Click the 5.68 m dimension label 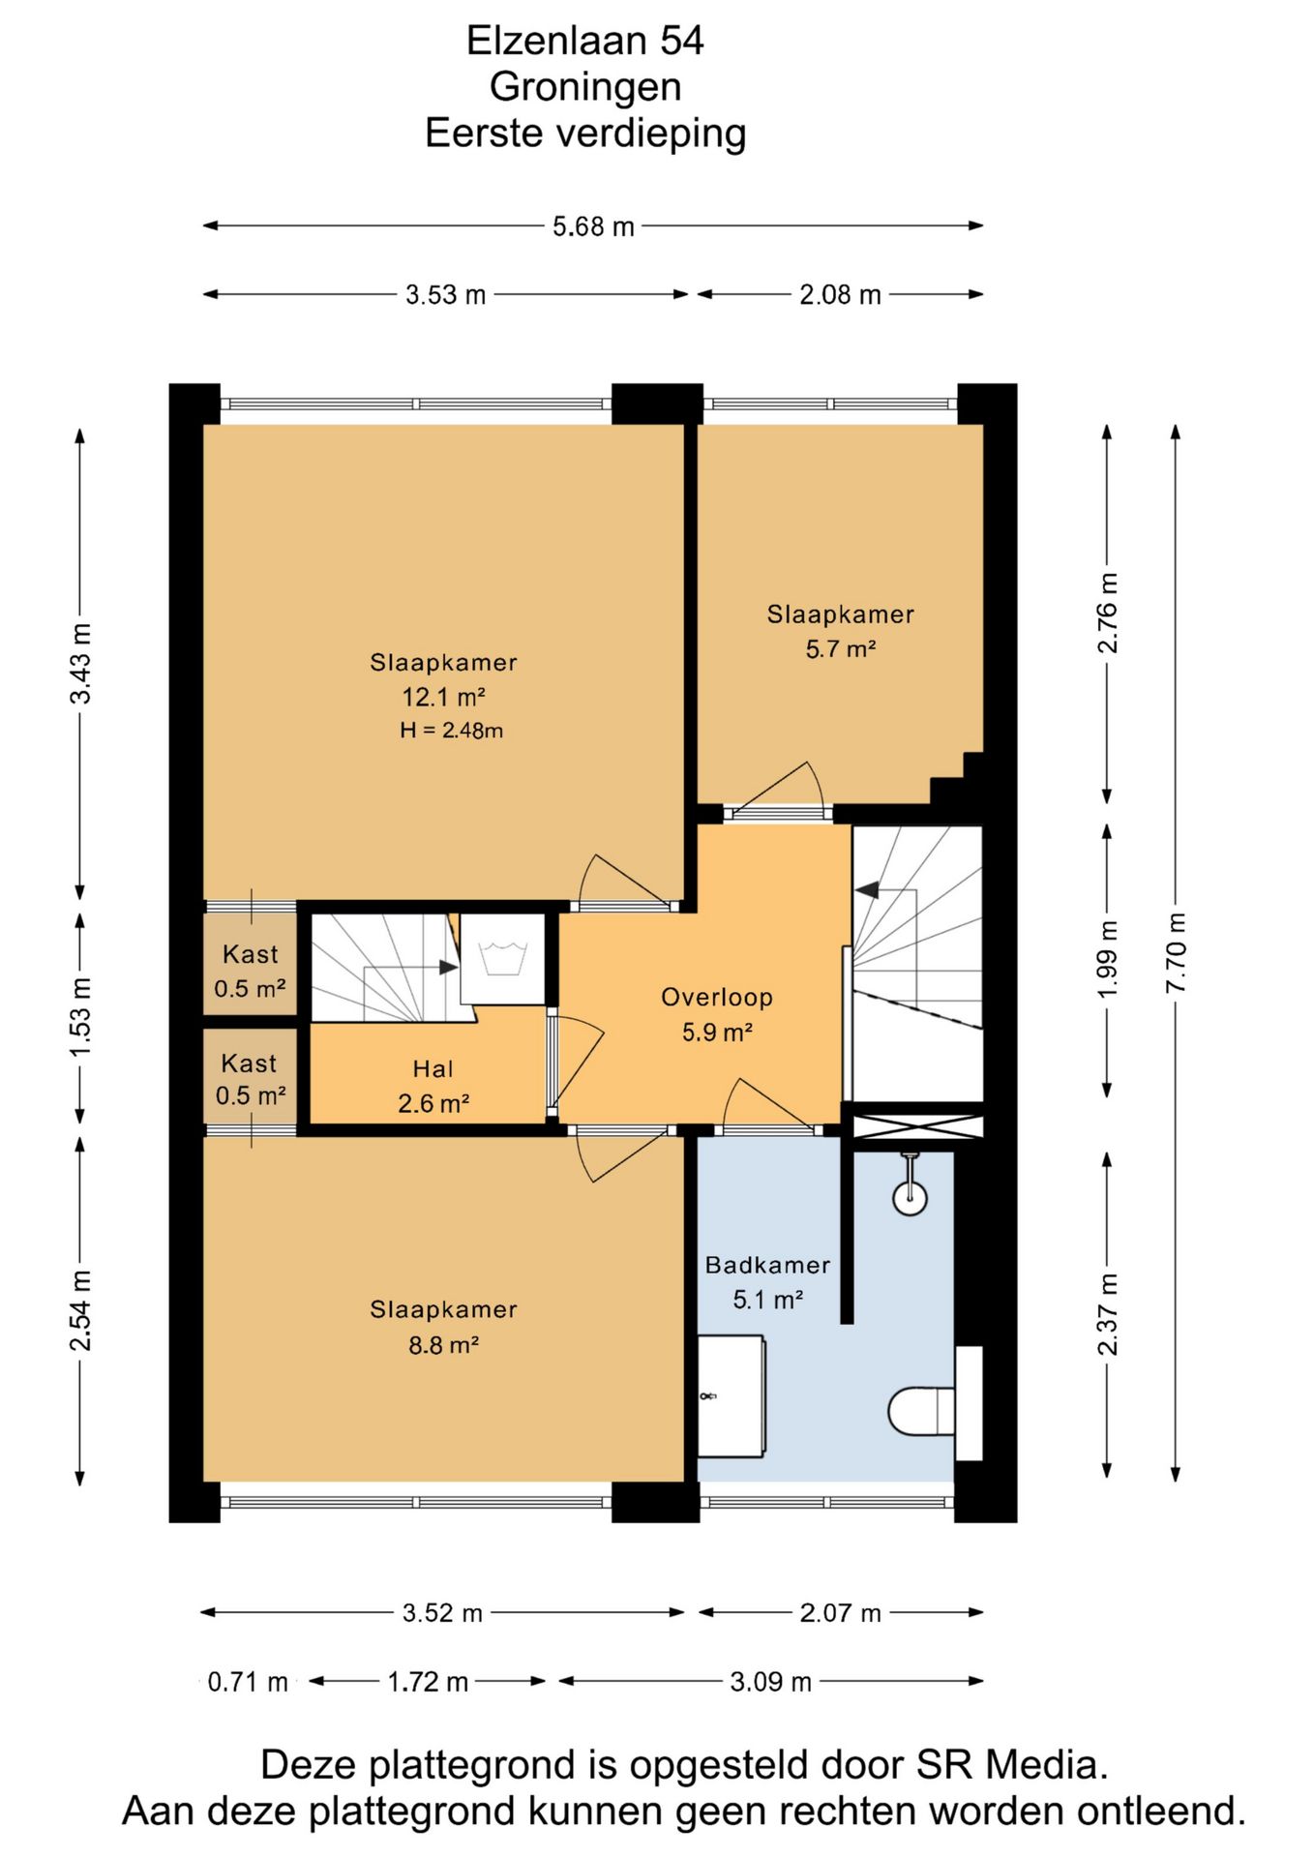(593, 226)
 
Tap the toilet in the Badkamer (921, 1411)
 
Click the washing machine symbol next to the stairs (502, 958)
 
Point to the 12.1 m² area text (443, 697)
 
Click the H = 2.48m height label (451, 731)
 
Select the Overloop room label (716, 997)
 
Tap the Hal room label (433, 1068)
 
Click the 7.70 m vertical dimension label (1176, 952)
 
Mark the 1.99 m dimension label (1108, 960)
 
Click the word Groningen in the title (585, 86)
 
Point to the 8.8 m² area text (443, 1344)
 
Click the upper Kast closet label (250, 954)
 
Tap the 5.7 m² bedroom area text (840, 648)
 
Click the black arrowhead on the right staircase (867, 888)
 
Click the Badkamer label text (767, 1265)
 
